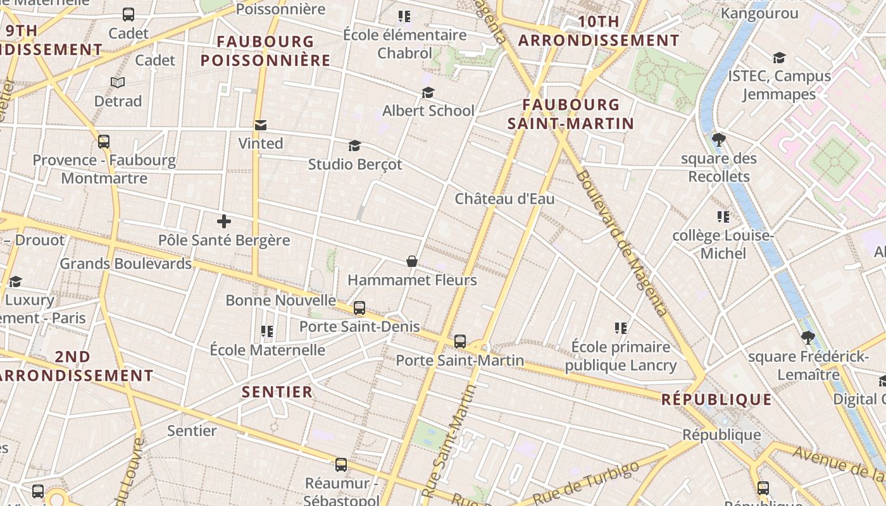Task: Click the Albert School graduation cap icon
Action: [x=428, y=93]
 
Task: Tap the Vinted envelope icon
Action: [x=260, y=125]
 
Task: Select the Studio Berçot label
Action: [x=355, y=164]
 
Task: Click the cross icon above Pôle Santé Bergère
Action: [x=223, y=221]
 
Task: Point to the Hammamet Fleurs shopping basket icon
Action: [x=411, y=261]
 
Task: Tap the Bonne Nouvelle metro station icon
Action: [x=359, y=308]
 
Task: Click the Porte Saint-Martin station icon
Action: [x=460, y=342]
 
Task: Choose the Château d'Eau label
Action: [x=504, y=199]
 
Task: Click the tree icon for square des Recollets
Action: [x=718, y=140]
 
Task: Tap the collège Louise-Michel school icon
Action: [x=723, y=218]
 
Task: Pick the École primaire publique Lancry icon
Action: [x=620, y=328]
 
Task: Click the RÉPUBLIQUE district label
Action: [x=716, y=400]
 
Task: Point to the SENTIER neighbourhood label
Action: [x=277, y=392]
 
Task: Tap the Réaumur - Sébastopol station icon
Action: [x=341, y=465]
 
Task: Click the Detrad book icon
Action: [x=118, y=82]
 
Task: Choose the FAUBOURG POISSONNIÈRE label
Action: [x=266, y=51]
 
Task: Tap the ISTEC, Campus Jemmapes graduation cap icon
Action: [x=779, y=58]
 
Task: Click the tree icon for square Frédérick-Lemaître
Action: [x=807, y=338]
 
